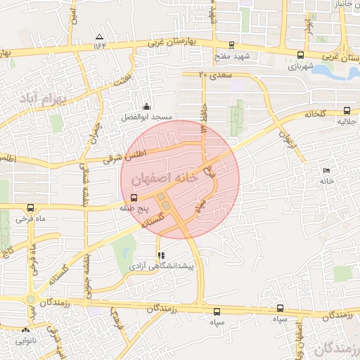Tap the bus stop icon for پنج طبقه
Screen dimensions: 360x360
tap(134, 198)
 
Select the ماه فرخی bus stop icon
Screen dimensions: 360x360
tap(30, 208)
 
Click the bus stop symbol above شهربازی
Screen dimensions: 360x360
tap(301, 55)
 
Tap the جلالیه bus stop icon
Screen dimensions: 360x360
tap(347, 110)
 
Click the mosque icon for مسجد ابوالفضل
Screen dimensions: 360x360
tap(146, 106)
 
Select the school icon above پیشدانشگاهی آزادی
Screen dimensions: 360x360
tap(161, 255)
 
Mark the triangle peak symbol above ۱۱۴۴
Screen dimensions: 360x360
tap(100, 37)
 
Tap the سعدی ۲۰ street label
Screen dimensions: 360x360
tap(215, 73)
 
